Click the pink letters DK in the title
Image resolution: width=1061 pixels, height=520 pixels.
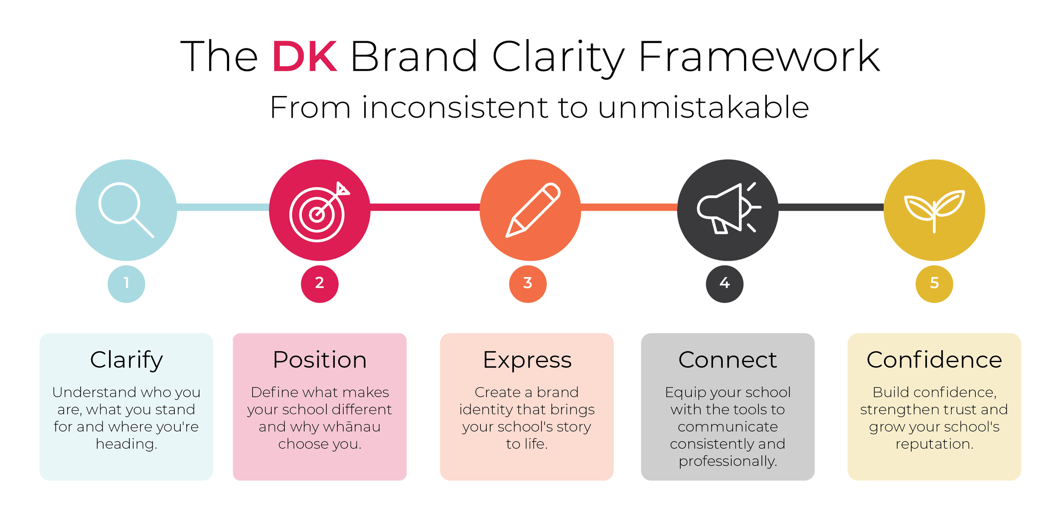pyautogui.click(x=304, y=56)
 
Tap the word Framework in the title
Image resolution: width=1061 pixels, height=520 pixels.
pyautogui.click(x=759, y=56)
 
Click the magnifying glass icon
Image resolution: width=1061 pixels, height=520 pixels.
pyautogui.click(x=126, y=210)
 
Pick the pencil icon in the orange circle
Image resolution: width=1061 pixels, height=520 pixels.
pyautogui.click(x=533, y=210)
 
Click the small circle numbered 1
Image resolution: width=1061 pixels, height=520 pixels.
pyautogui.click(x=126, y=284)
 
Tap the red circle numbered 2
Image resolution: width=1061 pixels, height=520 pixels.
pyautogui.click(x=320, y=284)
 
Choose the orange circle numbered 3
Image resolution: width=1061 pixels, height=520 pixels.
pyautogui.click(x=528, y=284)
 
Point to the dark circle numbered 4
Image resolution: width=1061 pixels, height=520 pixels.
pyautogui.click(x=724, y=284)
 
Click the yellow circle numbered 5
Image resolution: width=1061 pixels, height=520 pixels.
pyautogui.click(x=934, y=284)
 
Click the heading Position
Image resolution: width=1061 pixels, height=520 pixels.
pyautogui.click(x=320, y=360)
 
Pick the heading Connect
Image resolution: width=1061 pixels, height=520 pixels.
pyautogui.click(x=727, y=360)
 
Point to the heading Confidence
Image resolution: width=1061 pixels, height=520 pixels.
pyautogui.click(x=934, y=360)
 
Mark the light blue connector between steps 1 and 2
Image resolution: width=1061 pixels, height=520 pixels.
pyautogui.click(x=223, y=207)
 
